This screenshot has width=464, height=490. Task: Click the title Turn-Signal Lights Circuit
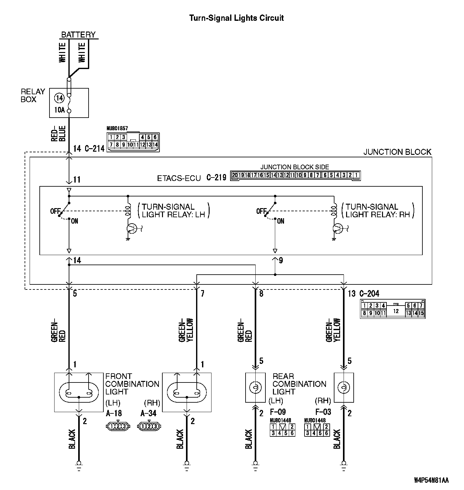(x=236, y=18)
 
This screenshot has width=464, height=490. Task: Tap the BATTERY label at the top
(x=78, y=35)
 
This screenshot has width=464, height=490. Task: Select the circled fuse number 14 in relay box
(x=59, y=98)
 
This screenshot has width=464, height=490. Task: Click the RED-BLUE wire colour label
(x=59, y=134)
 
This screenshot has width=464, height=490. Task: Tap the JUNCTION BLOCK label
(x=397, y=152)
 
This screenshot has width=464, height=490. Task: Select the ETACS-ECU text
(x=179, y=178)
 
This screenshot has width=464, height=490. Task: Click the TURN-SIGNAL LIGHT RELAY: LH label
(x=174, y=211)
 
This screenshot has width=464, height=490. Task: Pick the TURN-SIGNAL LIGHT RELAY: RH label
(x=378, y=211)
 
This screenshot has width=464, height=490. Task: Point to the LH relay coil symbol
(x=128, y=210)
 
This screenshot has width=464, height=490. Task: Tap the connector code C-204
(x=369, y=294)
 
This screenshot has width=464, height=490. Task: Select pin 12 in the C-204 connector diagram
(x=396, y=311)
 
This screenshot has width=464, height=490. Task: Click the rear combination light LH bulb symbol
(x=255, y=388)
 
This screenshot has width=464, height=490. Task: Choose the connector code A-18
(x=114, y=413)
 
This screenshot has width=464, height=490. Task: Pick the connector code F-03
(x=323, y=412)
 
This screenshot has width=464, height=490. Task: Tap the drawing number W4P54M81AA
(x=431, y=480)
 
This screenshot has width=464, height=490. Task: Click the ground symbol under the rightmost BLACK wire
(x=344, y=464)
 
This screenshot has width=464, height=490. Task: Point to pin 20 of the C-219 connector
(x=235, y=175)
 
